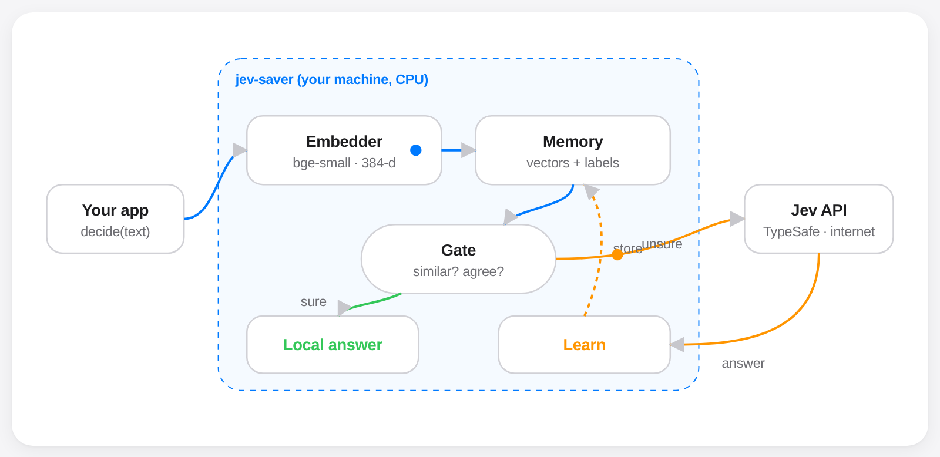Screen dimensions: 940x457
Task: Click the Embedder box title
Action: click(344, 142)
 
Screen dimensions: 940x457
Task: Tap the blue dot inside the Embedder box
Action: click(416, 150)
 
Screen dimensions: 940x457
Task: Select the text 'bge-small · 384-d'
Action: click(344, 163)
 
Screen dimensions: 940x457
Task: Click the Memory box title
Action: click(573, 142)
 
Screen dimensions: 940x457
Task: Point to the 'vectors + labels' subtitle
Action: click(573, 163)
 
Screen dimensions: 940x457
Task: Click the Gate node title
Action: click(458, 251)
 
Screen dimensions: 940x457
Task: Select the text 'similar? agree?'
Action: click(458, 271)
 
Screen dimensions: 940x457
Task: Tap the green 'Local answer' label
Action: click(333, 345)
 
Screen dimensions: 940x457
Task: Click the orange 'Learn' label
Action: click(584, 345)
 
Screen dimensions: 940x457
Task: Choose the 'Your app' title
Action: click(115, 211)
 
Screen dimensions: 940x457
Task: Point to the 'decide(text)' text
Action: click(115, 231)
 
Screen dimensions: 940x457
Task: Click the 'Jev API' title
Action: click(819, 211)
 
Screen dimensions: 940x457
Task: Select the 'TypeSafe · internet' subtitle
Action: click(819, 231)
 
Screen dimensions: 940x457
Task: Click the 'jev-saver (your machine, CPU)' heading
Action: click(331, 80)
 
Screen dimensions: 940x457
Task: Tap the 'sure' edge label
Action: click(314, 302)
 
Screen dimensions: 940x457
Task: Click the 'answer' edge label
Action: click(743, 364)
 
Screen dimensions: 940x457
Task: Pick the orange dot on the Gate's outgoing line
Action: click(617, 255)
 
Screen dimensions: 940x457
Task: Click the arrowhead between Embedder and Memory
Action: click(468, 150)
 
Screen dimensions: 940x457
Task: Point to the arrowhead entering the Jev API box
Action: click(737, 219)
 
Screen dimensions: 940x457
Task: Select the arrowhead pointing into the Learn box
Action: click(677, 345)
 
